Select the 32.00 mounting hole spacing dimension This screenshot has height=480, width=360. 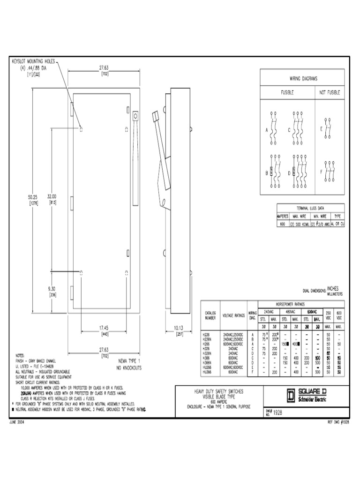(51, 197)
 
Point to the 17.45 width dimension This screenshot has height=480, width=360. (104, 328)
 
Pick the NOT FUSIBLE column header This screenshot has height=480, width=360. (330, 93)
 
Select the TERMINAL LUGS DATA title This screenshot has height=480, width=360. (310, 208)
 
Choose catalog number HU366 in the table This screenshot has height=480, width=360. (207, 372)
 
